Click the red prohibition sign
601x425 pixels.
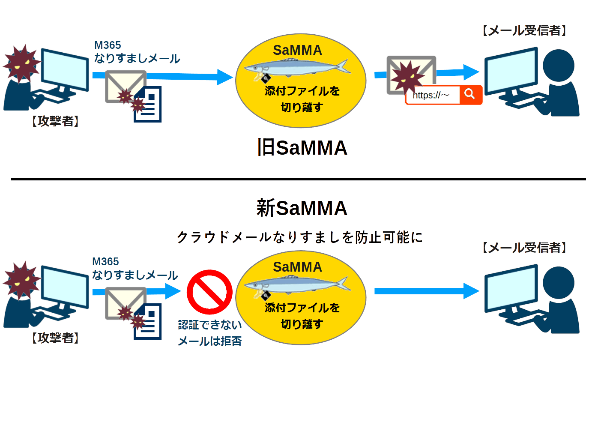pos(209,292)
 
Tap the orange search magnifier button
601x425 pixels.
pos(470,94)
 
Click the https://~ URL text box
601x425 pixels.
pos(432,95)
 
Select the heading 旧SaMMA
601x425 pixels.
pos(302,148)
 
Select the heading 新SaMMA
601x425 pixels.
pos(302,208)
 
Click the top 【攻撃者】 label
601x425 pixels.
pos(56,121)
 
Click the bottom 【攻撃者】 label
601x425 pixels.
pos(56,338)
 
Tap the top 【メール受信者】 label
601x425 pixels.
pos(525,30)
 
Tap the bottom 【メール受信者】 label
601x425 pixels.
pos(525,248)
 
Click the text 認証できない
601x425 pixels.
pos(209,325)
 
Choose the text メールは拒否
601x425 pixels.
pos(209,341)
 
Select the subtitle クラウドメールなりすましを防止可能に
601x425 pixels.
pos(299,237)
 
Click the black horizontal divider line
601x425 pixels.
pos(298,179)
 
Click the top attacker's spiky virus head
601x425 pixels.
pos(21,63)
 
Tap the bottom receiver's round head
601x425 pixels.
pos(559,282)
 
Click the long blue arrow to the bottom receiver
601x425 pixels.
pos(426,291)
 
